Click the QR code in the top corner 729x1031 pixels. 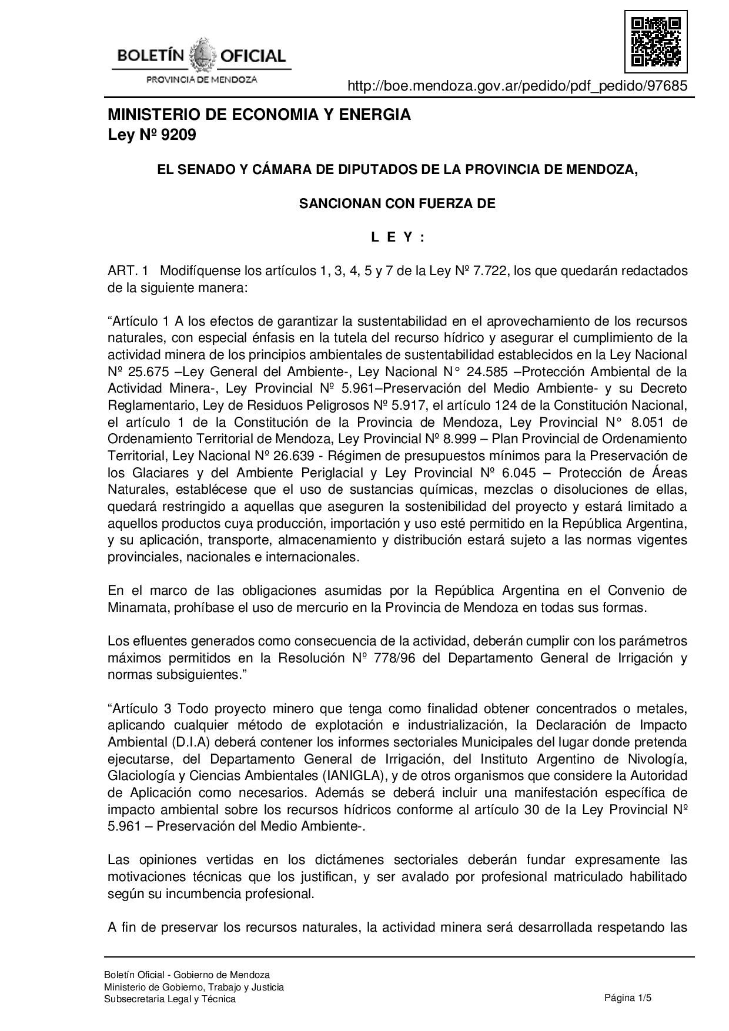tap(656, 41)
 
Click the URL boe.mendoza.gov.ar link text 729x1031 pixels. tap(517, 86)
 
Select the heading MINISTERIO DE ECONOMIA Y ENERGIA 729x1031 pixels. tap(259, 115)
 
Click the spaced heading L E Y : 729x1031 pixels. tap(397, 237)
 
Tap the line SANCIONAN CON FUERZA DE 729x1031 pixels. tap(397, 204)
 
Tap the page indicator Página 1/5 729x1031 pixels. tap(628, 998)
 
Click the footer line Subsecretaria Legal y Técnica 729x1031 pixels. tap(170, 999)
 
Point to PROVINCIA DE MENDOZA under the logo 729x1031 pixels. tap(201, 79)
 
